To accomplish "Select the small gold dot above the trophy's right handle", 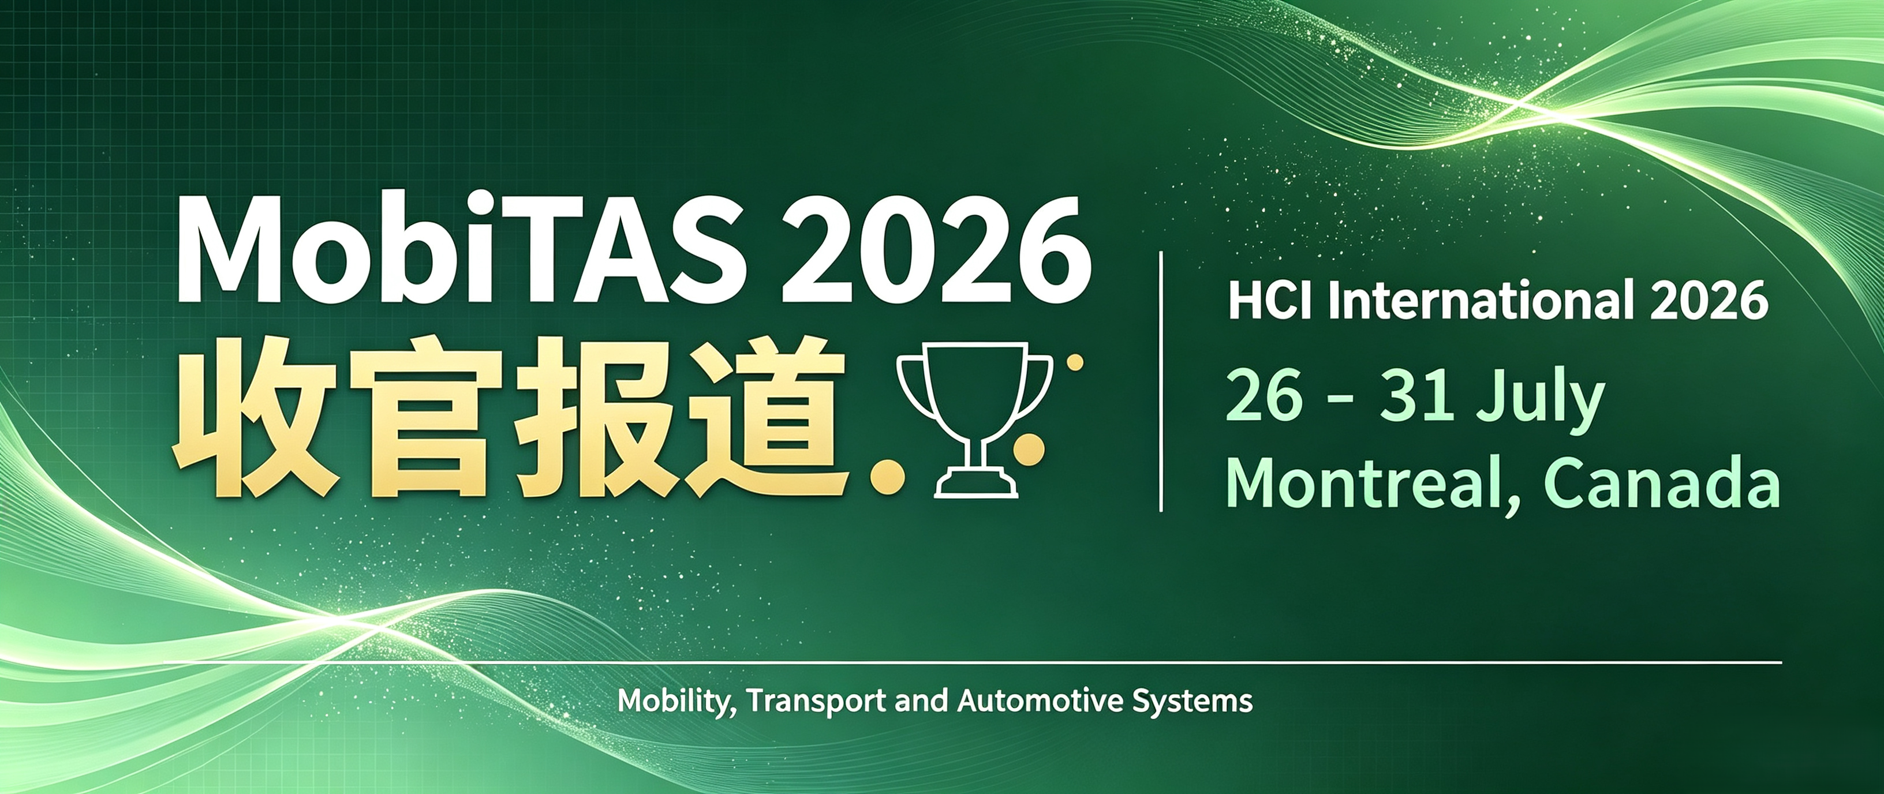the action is [1075, 362].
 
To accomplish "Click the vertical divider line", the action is [1161, 381].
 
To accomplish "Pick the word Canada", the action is [1662, 482].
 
